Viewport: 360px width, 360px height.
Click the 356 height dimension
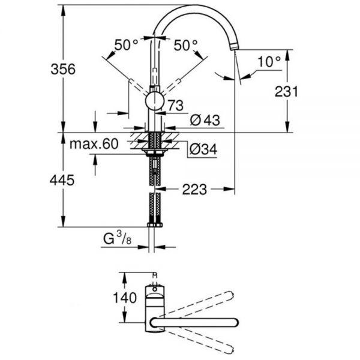(63, 69)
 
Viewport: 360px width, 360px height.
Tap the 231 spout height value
(286, 91)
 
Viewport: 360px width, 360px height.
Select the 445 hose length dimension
(62, 180)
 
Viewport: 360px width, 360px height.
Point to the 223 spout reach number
(194, 190)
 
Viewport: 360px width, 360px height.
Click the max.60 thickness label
(94, 144)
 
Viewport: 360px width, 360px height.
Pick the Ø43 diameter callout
(205, 120)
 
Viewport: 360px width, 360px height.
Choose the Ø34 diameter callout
(203, 149)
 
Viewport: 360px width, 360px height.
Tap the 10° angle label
(269, 62)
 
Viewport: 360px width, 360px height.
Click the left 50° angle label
(126, 45)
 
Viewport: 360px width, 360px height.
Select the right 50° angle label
(185, 45)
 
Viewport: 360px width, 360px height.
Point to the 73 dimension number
(176, 106)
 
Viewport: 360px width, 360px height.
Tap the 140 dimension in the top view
(125, 298)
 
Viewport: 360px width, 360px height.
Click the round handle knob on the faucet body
(155, 101)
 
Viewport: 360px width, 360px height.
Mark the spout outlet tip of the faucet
(234, 47)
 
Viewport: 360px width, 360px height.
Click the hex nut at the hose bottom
(155, 225)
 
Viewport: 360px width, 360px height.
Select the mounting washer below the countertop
(155, 150)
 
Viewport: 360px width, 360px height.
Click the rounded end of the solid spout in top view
(234, 323)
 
